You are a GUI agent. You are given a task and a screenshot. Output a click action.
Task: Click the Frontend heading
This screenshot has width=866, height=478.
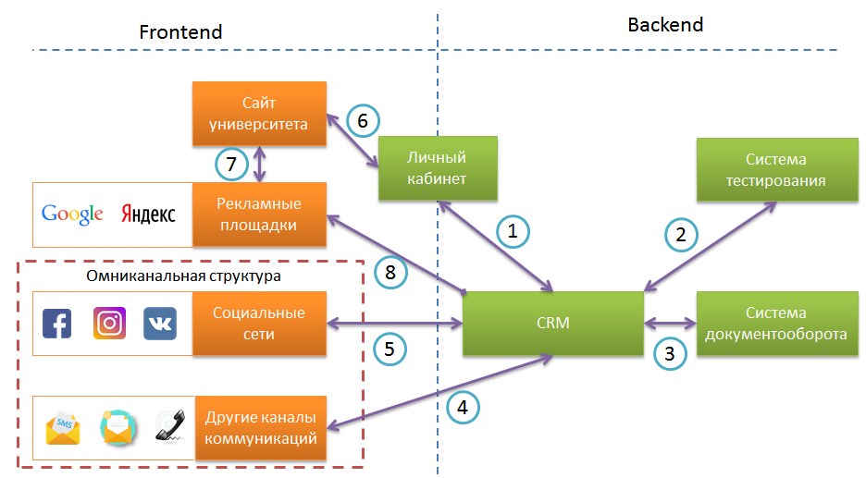(180, 32)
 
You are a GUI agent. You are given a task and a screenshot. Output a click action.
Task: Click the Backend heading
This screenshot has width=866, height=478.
(665, 25)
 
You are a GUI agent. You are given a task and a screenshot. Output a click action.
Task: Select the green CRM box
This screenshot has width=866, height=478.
(552, 324)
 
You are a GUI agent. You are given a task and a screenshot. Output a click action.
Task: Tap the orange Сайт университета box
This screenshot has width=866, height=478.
(259, 113)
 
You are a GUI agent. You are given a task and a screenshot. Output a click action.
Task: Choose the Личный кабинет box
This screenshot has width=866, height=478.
(438, 168)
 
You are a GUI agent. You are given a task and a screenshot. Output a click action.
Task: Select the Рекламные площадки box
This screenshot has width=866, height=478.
(259, 214)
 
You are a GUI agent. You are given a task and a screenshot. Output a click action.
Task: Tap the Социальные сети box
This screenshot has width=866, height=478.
(259, 324)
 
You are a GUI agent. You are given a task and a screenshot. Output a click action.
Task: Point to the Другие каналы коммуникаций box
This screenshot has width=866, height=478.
(262, 428)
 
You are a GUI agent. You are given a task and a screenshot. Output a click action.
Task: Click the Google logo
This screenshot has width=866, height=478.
(72, 214)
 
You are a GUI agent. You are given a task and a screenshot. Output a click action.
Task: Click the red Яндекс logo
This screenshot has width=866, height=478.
(148, 214)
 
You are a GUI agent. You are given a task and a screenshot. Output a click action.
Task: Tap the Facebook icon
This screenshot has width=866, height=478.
(57, 324)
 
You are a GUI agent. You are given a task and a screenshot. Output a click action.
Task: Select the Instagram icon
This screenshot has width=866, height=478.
(109, 324)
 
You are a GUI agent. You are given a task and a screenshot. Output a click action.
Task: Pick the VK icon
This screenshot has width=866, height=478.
(159, 324)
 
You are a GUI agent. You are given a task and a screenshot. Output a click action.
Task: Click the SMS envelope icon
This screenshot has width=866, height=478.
(63, 428)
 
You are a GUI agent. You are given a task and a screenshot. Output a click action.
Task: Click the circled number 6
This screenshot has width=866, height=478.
(363, 120)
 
